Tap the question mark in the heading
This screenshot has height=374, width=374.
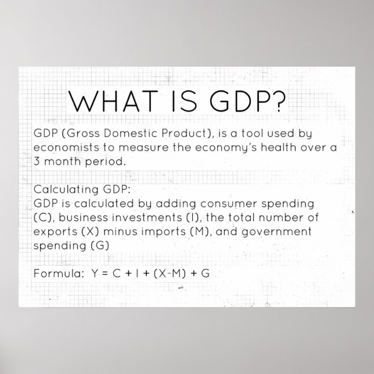pos(278,102)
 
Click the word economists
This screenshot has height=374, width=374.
pos(64,148)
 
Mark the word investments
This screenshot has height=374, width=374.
pos(136,217)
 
